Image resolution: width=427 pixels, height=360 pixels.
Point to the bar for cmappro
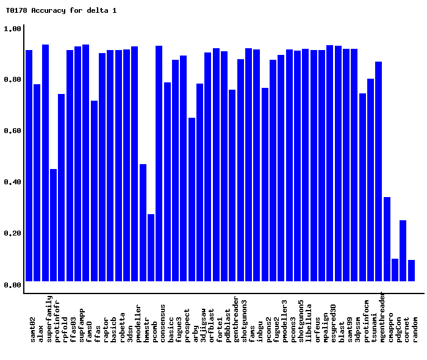[387, 239]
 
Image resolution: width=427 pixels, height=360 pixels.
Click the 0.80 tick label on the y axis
[13, 80]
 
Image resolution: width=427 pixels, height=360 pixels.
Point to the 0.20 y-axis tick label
[13, 234]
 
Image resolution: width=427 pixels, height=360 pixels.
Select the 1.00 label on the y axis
[13, 29]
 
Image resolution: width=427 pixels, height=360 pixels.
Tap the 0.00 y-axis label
[13, 285]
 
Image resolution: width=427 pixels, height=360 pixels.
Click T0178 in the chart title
[16, 10]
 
